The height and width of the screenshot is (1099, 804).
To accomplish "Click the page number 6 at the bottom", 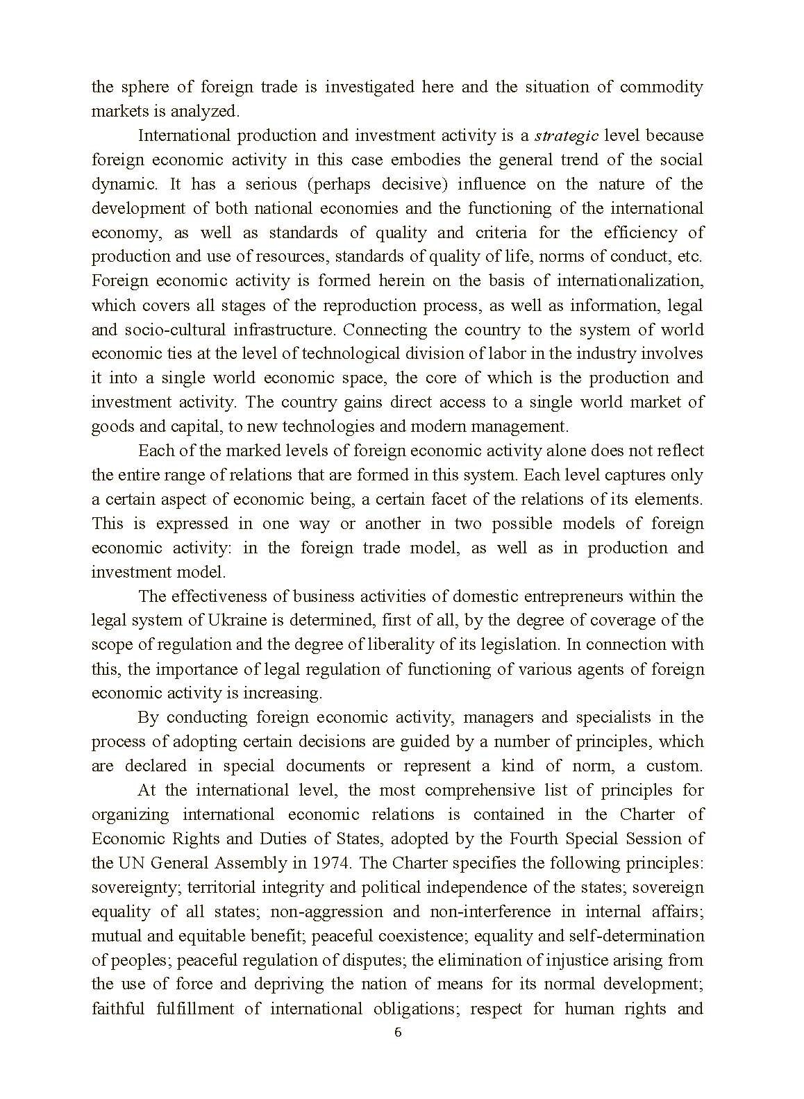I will point(398,1032).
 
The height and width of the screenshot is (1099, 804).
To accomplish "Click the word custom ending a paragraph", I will point(674,766).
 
